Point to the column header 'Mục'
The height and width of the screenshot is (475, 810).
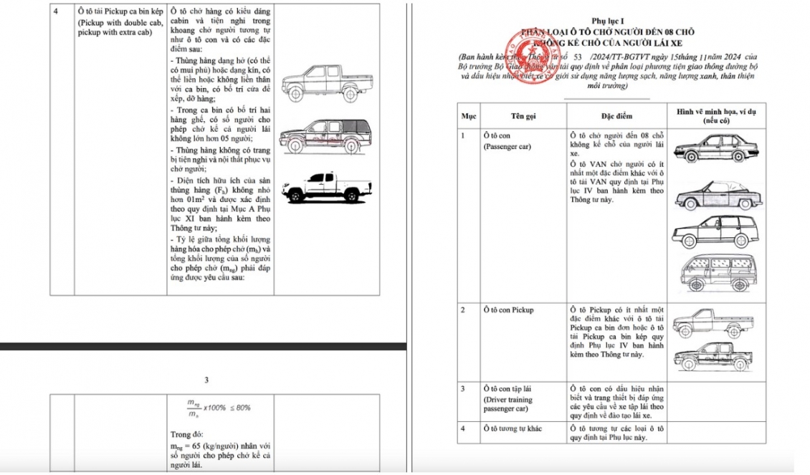[x=468, y=115]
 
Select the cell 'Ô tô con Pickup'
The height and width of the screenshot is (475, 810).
[x=508, y=310]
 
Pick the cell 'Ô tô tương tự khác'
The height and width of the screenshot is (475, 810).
[x=513, y=428]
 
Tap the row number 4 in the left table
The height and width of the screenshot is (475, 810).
[x=57, y=12]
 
